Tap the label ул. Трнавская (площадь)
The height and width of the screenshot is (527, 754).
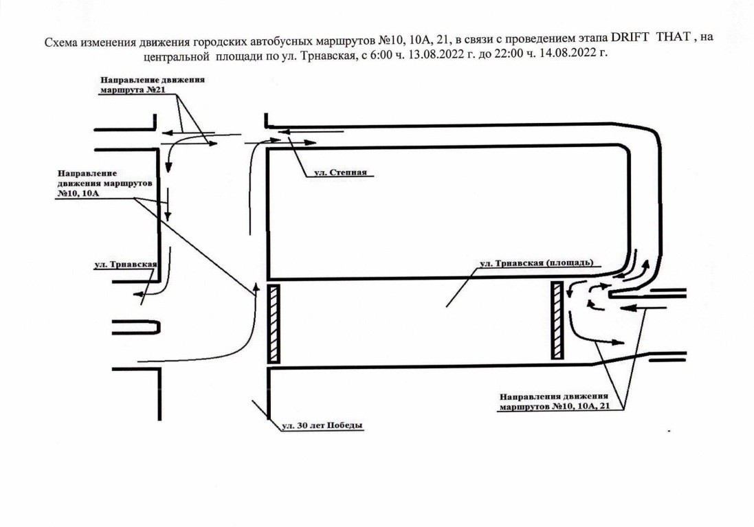point(537,263)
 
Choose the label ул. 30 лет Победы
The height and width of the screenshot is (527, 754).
point(322,425)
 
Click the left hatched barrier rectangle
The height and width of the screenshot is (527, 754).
point(274,324)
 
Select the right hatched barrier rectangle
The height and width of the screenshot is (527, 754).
point(557,320)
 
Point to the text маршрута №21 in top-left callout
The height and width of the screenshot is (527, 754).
point(129,90)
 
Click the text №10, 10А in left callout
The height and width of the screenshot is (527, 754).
point(78,193)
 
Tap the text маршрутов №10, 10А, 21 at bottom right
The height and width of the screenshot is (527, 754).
point(555,407)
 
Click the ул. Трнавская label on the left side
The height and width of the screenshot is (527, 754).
point(126,265)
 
